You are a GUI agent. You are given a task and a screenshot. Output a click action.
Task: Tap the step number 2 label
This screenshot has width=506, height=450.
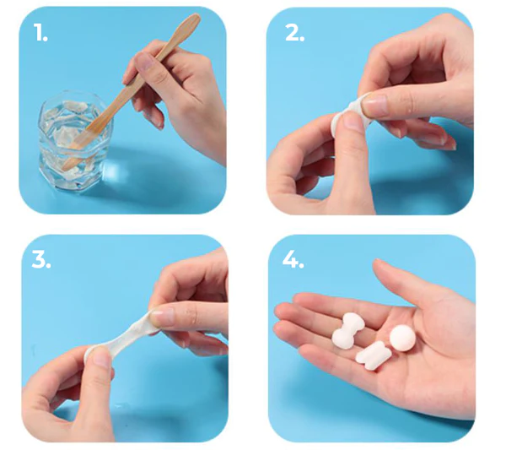(293, 33)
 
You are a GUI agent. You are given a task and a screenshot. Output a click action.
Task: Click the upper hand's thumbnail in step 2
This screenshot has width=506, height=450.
(375, 105)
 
